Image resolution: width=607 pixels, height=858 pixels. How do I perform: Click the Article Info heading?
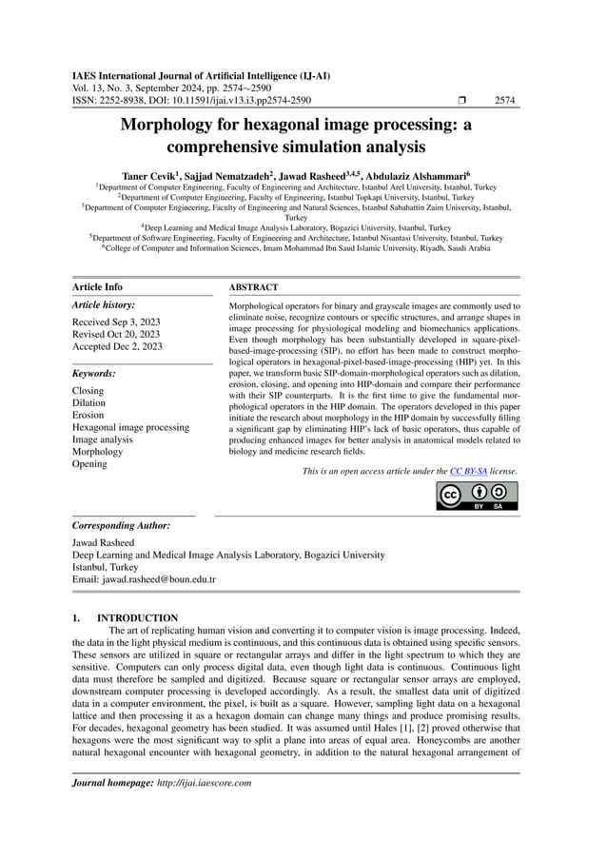click(x=97, y=286)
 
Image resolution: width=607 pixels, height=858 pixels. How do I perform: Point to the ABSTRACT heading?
click(x=254, y=286)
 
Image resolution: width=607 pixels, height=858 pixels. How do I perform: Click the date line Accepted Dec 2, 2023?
click(x=117, y=347)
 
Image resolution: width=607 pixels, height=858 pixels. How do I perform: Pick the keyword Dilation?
click(x=89, y=402)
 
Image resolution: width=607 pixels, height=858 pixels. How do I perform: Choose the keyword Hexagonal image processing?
click(x=130, y=427)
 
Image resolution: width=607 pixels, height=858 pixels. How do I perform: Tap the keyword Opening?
click(x=89, y=464)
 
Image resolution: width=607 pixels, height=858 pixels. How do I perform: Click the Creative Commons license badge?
click(x=477, y=496)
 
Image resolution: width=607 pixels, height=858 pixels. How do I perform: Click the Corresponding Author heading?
click(x=122, y=525)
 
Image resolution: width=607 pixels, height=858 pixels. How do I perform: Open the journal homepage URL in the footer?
click(x=204, y=783)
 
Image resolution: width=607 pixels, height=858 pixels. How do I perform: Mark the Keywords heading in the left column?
click(x=94, y=374)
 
